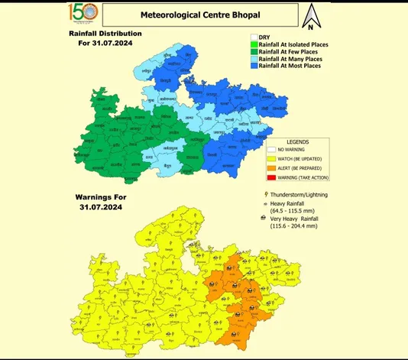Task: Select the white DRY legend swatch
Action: tap(254, 36)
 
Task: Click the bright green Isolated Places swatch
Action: tap(254, 44)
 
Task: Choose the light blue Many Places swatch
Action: tap(254, 60)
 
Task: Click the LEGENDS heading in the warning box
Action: tap(298, 142)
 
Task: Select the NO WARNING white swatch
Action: tap(275, 150)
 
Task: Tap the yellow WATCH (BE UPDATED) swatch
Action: tap(275, 158)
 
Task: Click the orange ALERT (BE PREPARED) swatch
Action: tap(275, 167)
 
